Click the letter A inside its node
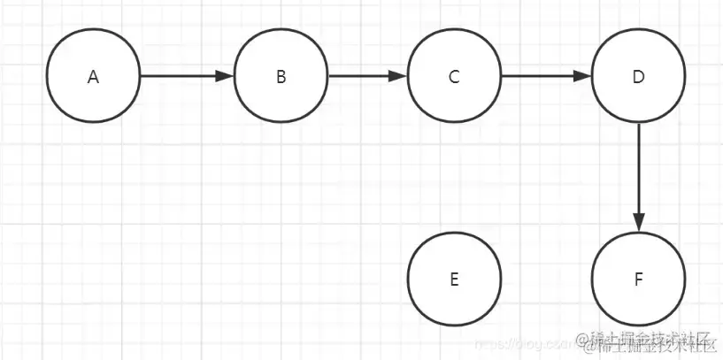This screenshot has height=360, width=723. point(93,77)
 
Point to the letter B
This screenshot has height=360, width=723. point(281,77)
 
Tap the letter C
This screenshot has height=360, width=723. point(454,77)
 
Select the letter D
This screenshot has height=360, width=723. point(638,77)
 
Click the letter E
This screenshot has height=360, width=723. point(454,280)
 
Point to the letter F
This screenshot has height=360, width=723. point(638,280)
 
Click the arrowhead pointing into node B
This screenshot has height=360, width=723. point(226,76)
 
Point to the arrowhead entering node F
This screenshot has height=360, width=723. point(638,224)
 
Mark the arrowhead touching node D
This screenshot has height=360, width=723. point(582,76)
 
